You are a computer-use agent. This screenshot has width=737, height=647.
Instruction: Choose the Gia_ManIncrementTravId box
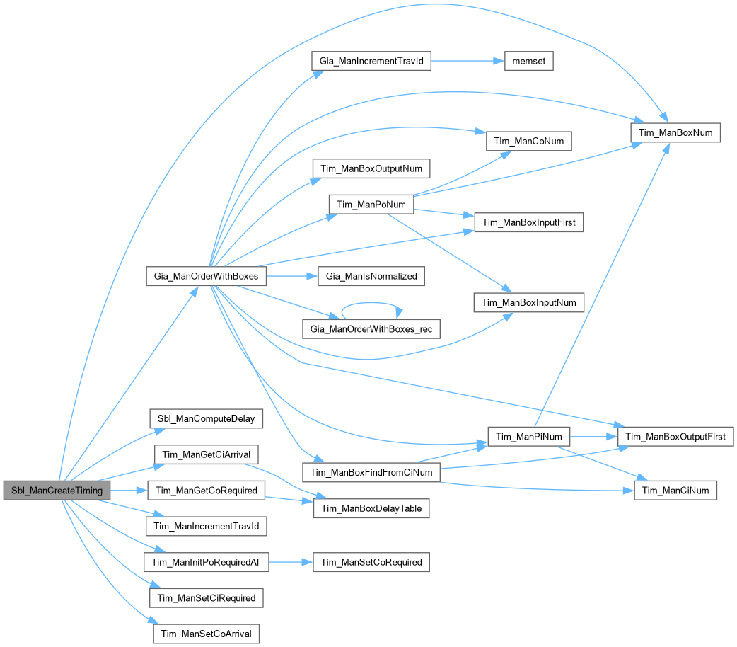(x=371, y=61)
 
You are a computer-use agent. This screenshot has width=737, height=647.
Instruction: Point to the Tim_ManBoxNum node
(x=675, y=132)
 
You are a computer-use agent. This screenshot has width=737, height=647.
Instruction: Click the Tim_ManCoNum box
(x=528, y=141)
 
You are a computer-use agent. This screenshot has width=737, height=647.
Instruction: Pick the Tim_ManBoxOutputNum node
(x=371, y=168)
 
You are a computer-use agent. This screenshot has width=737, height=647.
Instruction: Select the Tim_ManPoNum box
(x=371, y=205)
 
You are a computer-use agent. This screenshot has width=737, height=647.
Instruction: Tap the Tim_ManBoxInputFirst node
(x=528, y=222)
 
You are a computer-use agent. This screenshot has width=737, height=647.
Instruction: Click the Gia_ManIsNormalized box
(x=371, y=275)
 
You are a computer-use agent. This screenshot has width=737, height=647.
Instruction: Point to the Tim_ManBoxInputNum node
(x=528, y=302)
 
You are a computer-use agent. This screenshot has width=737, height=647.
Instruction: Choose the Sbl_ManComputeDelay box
(x=206, y=418)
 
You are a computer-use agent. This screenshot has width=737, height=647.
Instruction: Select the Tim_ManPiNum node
(x=528, y=437)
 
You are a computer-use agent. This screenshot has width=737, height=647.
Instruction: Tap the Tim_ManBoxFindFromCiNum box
(x=371, y=471)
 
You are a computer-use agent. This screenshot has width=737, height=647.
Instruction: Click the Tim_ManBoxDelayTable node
(x=371, y=508)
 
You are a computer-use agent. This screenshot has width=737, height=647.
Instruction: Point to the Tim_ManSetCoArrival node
(x=206, y=633)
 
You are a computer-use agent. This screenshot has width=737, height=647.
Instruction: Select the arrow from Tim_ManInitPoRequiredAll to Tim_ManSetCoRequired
(x=290, y=562)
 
